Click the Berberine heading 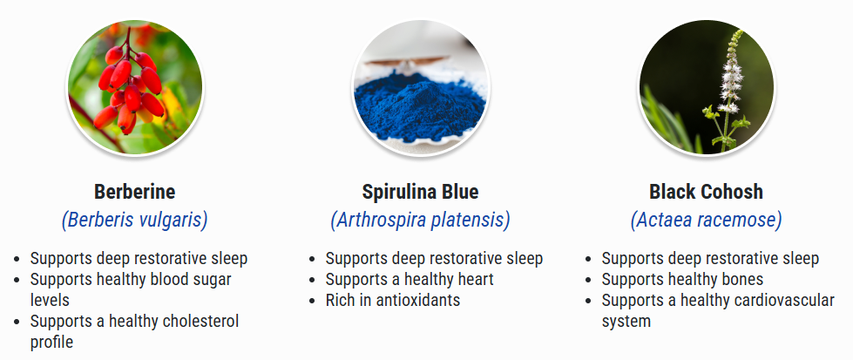(134, 192)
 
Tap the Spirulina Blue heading (421, 192)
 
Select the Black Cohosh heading (706, 192)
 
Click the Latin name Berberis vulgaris (134, 220)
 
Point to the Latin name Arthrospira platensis (421, 220)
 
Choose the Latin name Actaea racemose (706, 220)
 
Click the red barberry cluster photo (134, 88)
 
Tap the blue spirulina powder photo (421, 88)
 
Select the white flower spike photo (706, 88)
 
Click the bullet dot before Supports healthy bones (588, 281)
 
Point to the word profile (51, 343)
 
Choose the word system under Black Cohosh (626, 322)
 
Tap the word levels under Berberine (50, 300)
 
